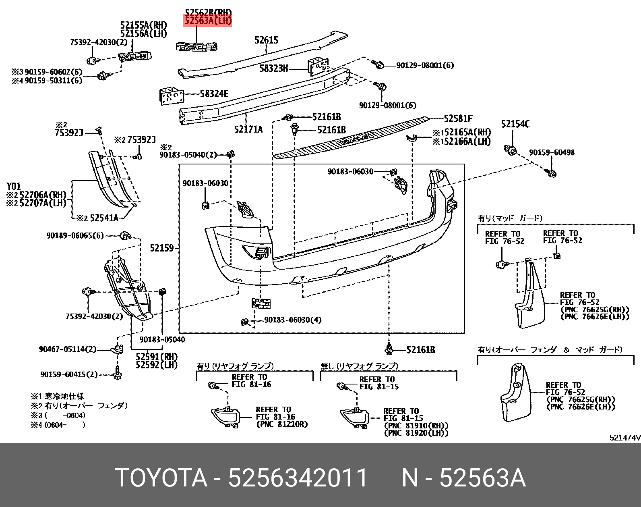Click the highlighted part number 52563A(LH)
tap(208, 21)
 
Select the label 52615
tap(266, 40)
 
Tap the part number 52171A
tap(248, 129)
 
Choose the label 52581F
tap(458, 118)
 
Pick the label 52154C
tap(515, 125)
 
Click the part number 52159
tap(162, 248)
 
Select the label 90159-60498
tap(552, 153)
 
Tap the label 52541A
tap(104, 218)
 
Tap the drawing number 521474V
tap(624, 438)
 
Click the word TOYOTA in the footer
tap(161, 478)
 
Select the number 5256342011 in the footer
tap(298, 478)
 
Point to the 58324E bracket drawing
tap(172, 97)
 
